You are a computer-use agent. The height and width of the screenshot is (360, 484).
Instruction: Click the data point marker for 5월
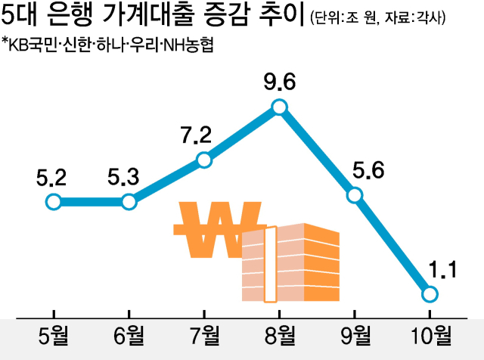(x=53, y=202)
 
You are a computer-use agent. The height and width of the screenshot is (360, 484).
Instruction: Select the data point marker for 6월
(x=129, y=202)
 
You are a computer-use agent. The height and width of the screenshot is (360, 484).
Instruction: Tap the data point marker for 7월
(x=203, y=160)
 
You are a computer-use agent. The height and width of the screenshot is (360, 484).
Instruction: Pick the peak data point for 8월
(x=279, y=107)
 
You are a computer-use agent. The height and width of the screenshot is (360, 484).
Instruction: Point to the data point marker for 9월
(x=355, y=195)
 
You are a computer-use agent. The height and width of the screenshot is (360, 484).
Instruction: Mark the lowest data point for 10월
(x=430, y=293)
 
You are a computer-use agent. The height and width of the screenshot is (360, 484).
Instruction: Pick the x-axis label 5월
(x=53, y=334)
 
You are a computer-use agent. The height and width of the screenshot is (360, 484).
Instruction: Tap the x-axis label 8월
(x=279, y=334)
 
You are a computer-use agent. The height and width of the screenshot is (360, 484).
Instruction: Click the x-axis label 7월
(x=203, y=334)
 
